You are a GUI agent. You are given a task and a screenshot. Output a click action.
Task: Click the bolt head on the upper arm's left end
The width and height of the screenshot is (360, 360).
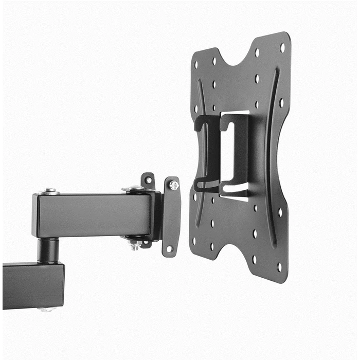click(x=50, y=191)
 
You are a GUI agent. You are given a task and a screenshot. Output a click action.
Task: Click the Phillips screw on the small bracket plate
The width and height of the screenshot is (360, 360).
click(x=174, y=185)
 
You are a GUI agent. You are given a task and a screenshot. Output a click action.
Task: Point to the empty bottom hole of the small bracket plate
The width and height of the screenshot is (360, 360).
click(x=169, y=248)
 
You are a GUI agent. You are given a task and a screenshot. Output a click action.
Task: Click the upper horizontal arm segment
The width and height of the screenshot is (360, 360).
click(x=93, y=215)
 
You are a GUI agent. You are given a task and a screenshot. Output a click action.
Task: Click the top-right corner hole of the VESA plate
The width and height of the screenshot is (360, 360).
click(x=282, y=47)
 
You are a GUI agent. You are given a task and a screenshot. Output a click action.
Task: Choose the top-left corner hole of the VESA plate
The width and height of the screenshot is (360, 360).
click(x=196, y=66)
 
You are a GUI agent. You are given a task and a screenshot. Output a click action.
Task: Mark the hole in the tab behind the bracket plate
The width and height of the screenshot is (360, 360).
click(x=148, y=180)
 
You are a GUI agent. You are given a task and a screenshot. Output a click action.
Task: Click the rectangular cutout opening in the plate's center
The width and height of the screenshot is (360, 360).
click(x=226, y=154)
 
